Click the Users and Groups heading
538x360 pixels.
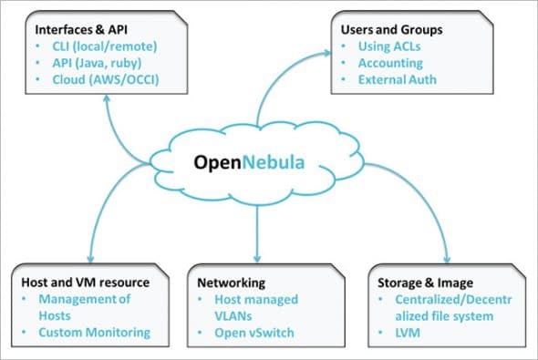click(x=392, y=30)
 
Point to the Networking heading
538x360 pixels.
click(x=230, y=283)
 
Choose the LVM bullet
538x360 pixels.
click(x=400, y=332)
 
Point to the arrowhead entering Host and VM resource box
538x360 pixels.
click(x=90, y=258)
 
